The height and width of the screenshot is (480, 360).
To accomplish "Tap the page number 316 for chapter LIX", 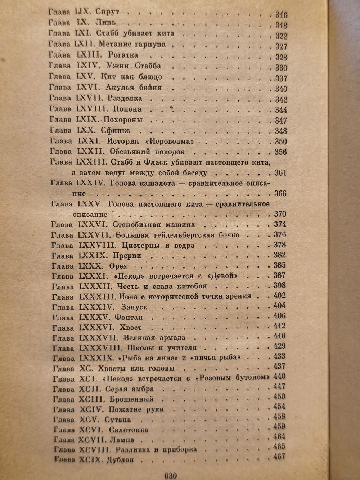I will pyautogui.click(x=281, y=15).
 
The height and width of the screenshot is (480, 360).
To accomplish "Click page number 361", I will pyautogui.click(x=280, y=173).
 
